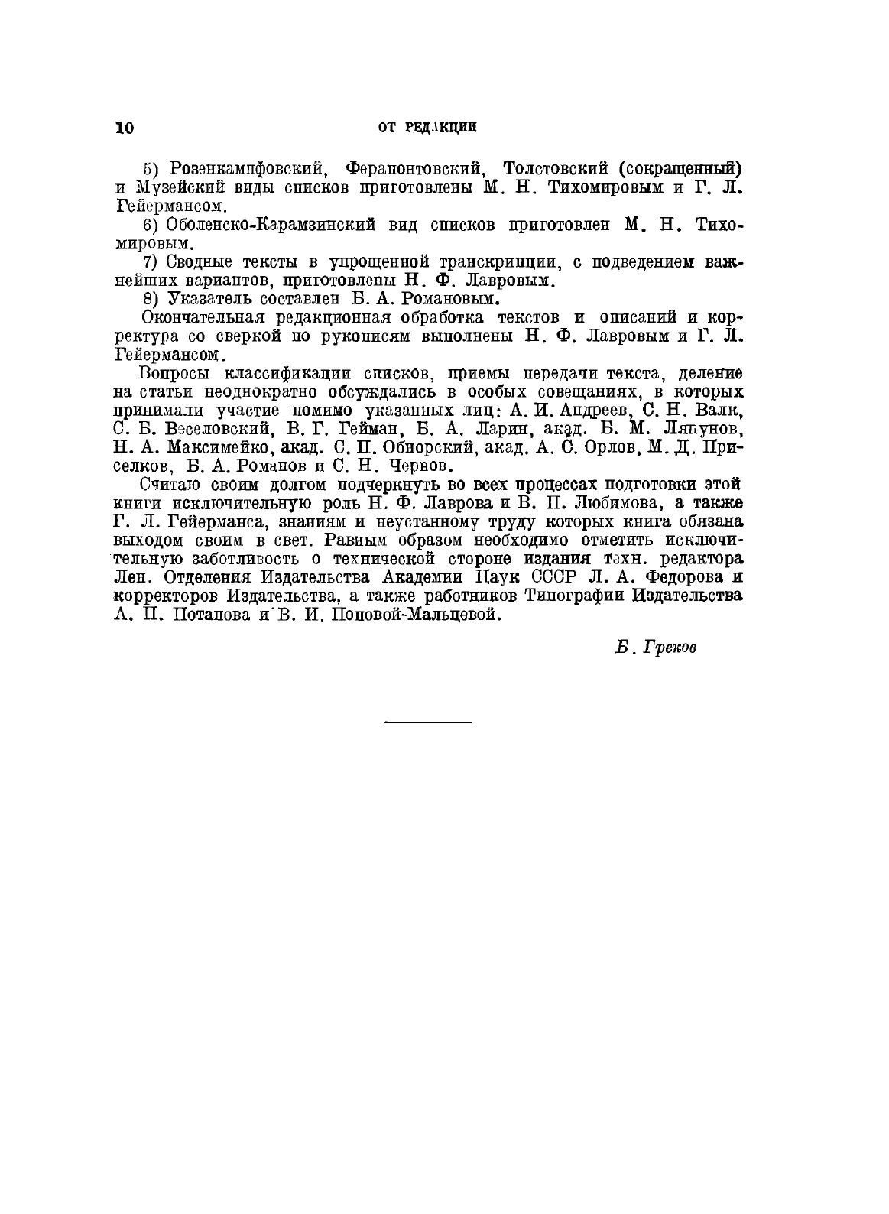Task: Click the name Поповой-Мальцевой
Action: (416, 615)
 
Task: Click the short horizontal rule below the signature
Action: (427, 721)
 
